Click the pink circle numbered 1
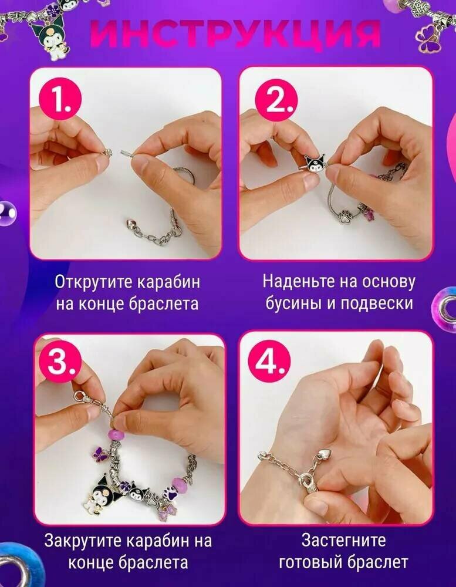click(x=60, y=99)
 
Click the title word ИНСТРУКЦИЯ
click(x=235, y=33)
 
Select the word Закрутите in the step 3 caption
click(x=83, y=541)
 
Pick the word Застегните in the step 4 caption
click(x=343, y=540)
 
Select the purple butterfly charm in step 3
click(x=100, y=453)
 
